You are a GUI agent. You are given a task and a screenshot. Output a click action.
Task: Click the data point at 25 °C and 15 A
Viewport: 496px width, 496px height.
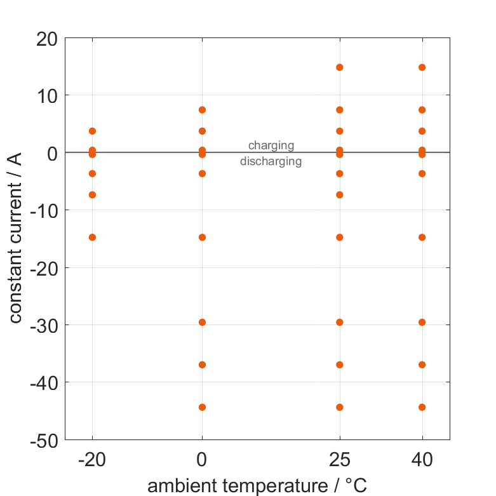click(x=339, y=67)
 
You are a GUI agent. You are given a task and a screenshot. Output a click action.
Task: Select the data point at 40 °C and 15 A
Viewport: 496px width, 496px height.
click(x=422, y=67)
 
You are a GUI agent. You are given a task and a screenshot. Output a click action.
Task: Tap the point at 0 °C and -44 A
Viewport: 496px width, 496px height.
click(x=202, y=407)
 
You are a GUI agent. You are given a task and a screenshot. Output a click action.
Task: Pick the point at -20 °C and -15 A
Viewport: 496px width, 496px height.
click(x=92, y=238)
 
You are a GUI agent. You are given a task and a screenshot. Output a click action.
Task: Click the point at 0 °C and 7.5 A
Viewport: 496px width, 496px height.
click(x=202, y=110)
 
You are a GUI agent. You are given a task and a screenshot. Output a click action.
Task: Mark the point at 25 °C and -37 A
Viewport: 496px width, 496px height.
click(x=339, y=365)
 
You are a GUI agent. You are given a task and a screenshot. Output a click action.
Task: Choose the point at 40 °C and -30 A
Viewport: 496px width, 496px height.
click(x=422, y=322)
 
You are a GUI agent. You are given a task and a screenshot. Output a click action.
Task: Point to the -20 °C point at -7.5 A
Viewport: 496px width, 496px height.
click(x=92, y=195)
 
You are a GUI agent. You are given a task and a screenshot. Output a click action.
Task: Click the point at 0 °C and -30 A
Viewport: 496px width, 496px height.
click(x=202, y=322)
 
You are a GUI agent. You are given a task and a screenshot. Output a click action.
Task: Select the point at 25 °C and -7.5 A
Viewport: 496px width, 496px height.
click(x=339, y=195)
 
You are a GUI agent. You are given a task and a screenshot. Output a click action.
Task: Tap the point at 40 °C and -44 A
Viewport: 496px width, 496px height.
click(x=422, y=407)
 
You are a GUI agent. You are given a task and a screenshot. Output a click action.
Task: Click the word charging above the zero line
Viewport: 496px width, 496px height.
click(x=271, y=145)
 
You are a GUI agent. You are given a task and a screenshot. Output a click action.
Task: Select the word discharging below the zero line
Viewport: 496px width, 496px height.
click(x=271, y=161)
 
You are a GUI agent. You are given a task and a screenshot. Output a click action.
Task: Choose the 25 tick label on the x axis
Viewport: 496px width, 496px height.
click(x=339, y=460)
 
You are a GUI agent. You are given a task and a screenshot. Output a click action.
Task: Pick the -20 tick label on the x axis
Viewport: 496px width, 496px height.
click(x=92, y=460)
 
